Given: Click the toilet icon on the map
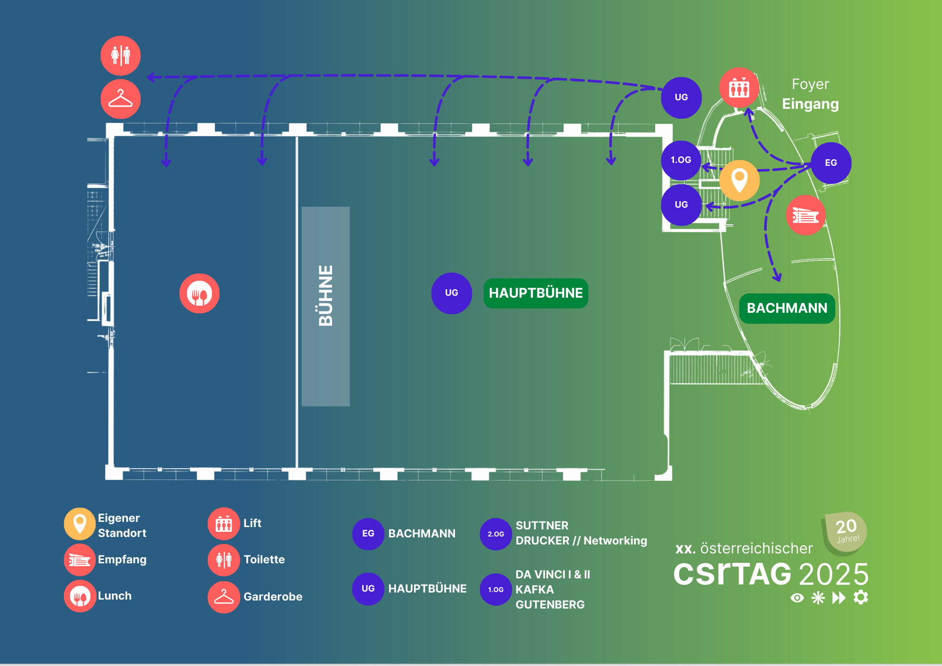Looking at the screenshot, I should pos(121,56).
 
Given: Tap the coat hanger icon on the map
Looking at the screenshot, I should pos(121,99).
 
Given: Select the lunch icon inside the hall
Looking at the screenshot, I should pos(199,293).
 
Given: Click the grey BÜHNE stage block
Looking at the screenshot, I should pos(325,306).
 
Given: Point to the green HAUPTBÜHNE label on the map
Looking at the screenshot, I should pos(536,293).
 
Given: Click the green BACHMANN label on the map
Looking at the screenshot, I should pos(787,308).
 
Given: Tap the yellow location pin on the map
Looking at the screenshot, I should pos(739,180).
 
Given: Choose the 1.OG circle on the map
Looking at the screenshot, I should pos(681,160).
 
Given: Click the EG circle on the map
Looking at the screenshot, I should pos(831,163).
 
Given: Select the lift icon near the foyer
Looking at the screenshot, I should pos(739,88).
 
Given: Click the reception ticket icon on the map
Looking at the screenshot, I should pos(805,216).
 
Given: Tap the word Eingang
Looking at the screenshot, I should pos(810,104).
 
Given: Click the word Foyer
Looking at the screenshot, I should pos(810,84).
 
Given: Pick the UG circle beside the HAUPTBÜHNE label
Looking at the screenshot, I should pos(451,293).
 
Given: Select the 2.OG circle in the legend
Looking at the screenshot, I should pos(495,534).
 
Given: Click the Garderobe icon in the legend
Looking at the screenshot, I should pos(224,597).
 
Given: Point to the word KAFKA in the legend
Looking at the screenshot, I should pos(535,590).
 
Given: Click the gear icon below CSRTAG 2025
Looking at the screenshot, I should pos(861,597).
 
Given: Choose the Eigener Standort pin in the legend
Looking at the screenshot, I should pos(80,524).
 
